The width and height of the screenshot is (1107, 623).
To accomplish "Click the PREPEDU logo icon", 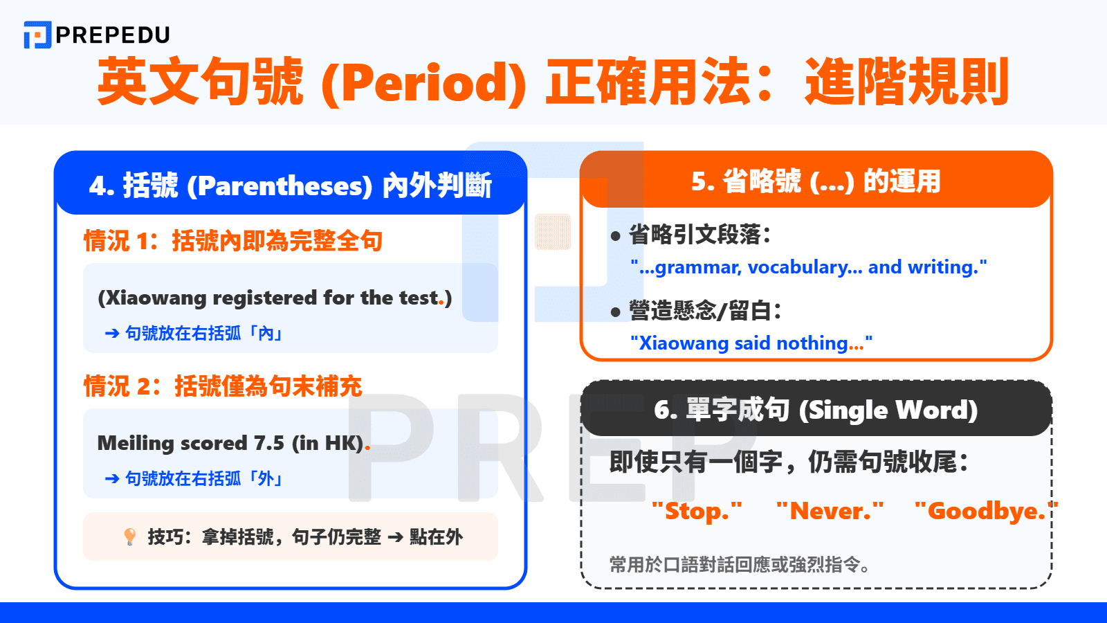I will [37, 35].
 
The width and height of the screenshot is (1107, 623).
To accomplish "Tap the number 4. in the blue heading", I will [101, 186].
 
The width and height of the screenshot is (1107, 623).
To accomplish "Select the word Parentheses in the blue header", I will [280, 186].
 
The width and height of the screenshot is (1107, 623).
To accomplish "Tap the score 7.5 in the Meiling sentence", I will [269, 443].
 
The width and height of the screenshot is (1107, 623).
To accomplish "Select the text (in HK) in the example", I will [328, 443].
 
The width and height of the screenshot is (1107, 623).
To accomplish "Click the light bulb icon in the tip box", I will [129, 536].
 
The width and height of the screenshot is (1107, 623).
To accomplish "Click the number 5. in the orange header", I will [703, 181].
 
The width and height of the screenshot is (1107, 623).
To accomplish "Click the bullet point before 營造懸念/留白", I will [616, 312].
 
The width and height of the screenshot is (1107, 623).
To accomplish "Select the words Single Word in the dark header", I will [888, 410].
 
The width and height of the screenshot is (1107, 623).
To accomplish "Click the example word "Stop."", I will [697, 512].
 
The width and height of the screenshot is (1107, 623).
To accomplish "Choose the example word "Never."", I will [830, 512].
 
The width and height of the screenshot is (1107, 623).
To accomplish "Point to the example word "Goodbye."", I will [986, 512].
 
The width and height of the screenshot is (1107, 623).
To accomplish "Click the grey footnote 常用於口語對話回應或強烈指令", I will [739, 564].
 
